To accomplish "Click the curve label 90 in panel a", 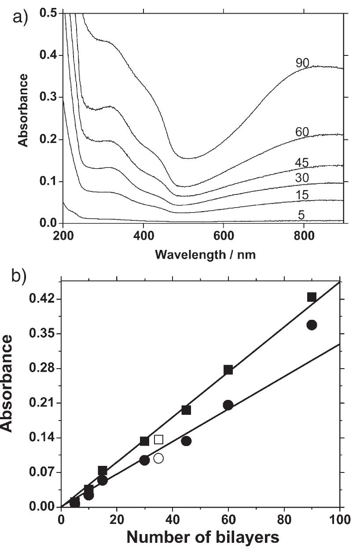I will pyautogui.click(x=303, y=63).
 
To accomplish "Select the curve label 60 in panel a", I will pyautogui.click(x=303, y=132).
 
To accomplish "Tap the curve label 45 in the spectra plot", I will pyautogui.click(x=303, y=163).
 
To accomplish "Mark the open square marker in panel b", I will pyautogui.click(x=159, y=439).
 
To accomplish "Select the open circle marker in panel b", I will pyautogui.click(x=158, y=458).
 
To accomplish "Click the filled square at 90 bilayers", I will pyautogui.click(x=312, y=297).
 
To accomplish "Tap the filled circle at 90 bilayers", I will pyautogui.click(x=312, y=325).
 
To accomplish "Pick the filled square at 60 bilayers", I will pyautogui.click(x=228, y=370).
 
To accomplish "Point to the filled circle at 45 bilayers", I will pyautogui.click(x=186, y=441).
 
